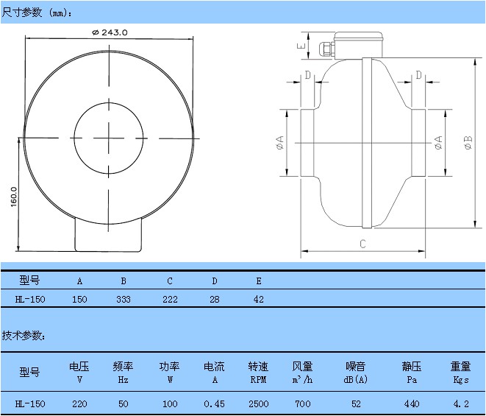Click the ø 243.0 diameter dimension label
point(110,32)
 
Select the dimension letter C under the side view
point(363,244)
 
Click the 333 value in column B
point(124,300)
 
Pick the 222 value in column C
point(169,300)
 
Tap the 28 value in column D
point(214,300)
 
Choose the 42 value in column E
point(258,300)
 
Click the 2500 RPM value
point(258,403)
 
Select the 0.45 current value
point(214,403)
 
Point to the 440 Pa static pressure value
point(412,403)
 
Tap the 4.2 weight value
point(460,403)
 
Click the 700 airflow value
point(302,403)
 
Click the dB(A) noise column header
point(356,380)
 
